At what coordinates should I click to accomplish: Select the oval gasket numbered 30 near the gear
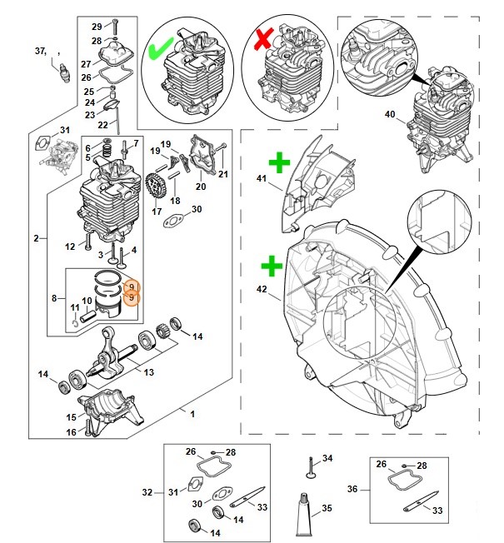pyautogui.click(x=176, y=221)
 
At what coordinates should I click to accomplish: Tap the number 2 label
pyautogui.click(x=37, y=238)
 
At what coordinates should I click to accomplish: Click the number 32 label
pyautogui.click(x=147, y=492)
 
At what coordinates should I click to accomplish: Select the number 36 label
pyautogui.click(x=351, y=489)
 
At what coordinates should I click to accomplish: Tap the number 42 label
pyautogui.click(x=261, y=290)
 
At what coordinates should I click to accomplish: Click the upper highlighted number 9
pyautogui.click(x=131, y=287)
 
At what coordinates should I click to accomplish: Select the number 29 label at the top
pyautogui.click(x=96, y=26)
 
